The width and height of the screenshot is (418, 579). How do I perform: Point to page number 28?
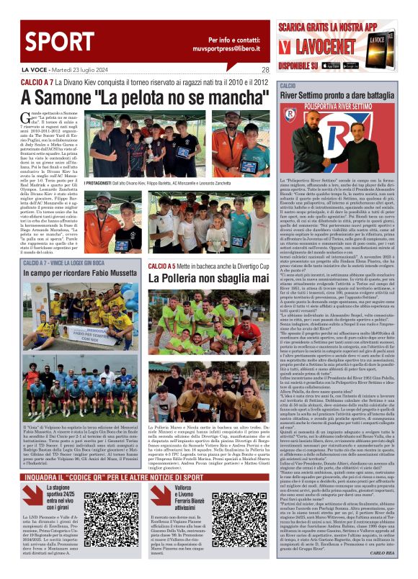(x=265, y=70)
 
